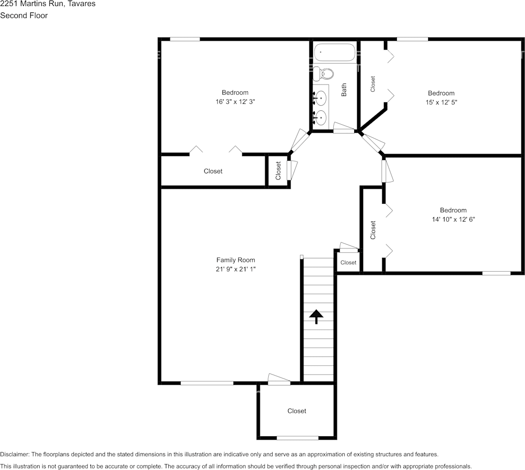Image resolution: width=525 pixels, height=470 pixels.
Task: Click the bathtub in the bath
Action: point(334,52)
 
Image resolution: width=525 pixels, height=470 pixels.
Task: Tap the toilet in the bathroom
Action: point(324,74)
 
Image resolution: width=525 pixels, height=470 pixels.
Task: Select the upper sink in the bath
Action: point(321,98)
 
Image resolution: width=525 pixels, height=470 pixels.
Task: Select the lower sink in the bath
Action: point(321,118)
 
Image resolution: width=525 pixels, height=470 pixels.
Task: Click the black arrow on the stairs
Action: point(316,316)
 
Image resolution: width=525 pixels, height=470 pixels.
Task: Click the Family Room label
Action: point(235,260)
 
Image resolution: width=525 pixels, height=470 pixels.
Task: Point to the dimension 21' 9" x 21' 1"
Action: point(235,269)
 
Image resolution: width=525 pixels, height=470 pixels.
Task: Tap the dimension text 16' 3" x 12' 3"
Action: point(235,101)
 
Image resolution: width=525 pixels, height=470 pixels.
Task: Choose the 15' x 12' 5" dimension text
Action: point(441,102)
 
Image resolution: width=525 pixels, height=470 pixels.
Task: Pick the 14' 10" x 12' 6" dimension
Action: point(453,219)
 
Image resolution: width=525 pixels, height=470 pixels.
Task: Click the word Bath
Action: point(344,90)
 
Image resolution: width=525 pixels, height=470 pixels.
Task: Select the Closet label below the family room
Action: point(297,411)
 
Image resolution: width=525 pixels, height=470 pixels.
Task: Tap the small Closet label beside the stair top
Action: point(348,262)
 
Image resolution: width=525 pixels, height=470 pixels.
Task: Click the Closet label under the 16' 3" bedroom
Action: point(213,171)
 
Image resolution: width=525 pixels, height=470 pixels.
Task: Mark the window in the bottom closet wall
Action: point(297,438)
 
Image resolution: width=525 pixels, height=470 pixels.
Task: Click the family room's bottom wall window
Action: point(207,383)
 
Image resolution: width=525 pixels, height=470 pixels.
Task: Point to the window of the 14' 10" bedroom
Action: point(496,273)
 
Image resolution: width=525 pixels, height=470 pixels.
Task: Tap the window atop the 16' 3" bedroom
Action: point(185,39)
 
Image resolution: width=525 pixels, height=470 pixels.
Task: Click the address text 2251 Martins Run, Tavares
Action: point(48,4)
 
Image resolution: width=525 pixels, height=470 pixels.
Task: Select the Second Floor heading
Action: point(24,15)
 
